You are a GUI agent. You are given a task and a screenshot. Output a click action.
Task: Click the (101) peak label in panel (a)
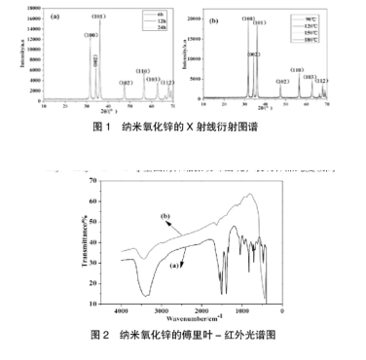point(98,18)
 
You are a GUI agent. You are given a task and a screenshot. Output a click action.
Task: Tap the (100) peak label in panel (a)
point(89,36)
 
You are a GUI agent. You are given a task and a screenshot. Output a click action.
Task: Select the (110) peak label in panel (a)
point(142,71)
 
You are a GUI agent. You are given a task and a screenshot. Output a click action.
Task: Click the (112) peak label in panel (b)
point(322,81)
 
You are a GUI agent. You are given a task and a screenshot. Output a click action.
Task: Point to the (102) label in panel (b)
point(282,82)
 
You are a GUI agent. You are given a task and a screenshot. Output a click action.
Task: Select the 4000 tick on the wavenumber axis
point(121,310)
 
